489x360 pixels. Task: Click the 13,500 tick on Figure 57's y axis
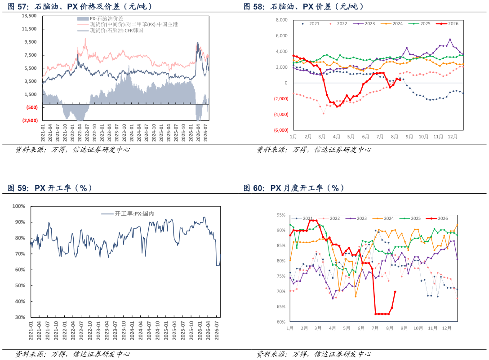[29, 16]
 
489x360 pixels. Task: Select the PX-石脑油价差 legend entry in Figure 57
[100, 19]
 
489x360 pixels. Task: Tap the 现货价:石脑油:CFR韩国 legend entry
[111, 31]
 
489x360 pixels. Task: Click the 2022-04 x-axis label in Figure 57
[80, 133]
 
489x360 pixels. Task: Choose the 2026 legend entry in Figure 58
[447, 24]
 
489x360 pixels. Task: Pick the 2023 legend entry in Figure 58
[364, 24]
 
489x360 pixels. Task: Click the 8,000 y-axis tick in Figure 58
[282, 20]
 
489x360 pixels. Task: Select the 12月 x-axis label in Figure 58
[453, 137]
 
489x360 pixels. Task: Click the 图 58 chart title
[303, 7]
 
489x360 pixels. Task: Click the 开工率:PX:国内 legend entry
[128, 213]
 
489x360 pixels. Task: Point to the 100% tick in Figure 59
[19, 206]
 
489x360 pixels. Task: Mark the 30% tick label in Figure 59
[20, 317]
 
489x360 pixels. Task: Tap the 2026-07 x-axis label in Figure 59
[217, 331]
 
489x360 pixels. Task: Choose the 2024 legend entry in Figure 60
[383, 218]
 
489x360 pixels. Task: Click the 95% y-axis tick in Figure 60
[281, 215]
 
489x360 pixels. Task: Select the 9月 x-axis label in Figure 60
[404, 328]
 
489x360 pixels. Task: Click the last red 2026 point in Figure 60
[395, 292]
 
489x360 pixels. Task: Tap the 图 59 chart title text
[50, 188]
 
